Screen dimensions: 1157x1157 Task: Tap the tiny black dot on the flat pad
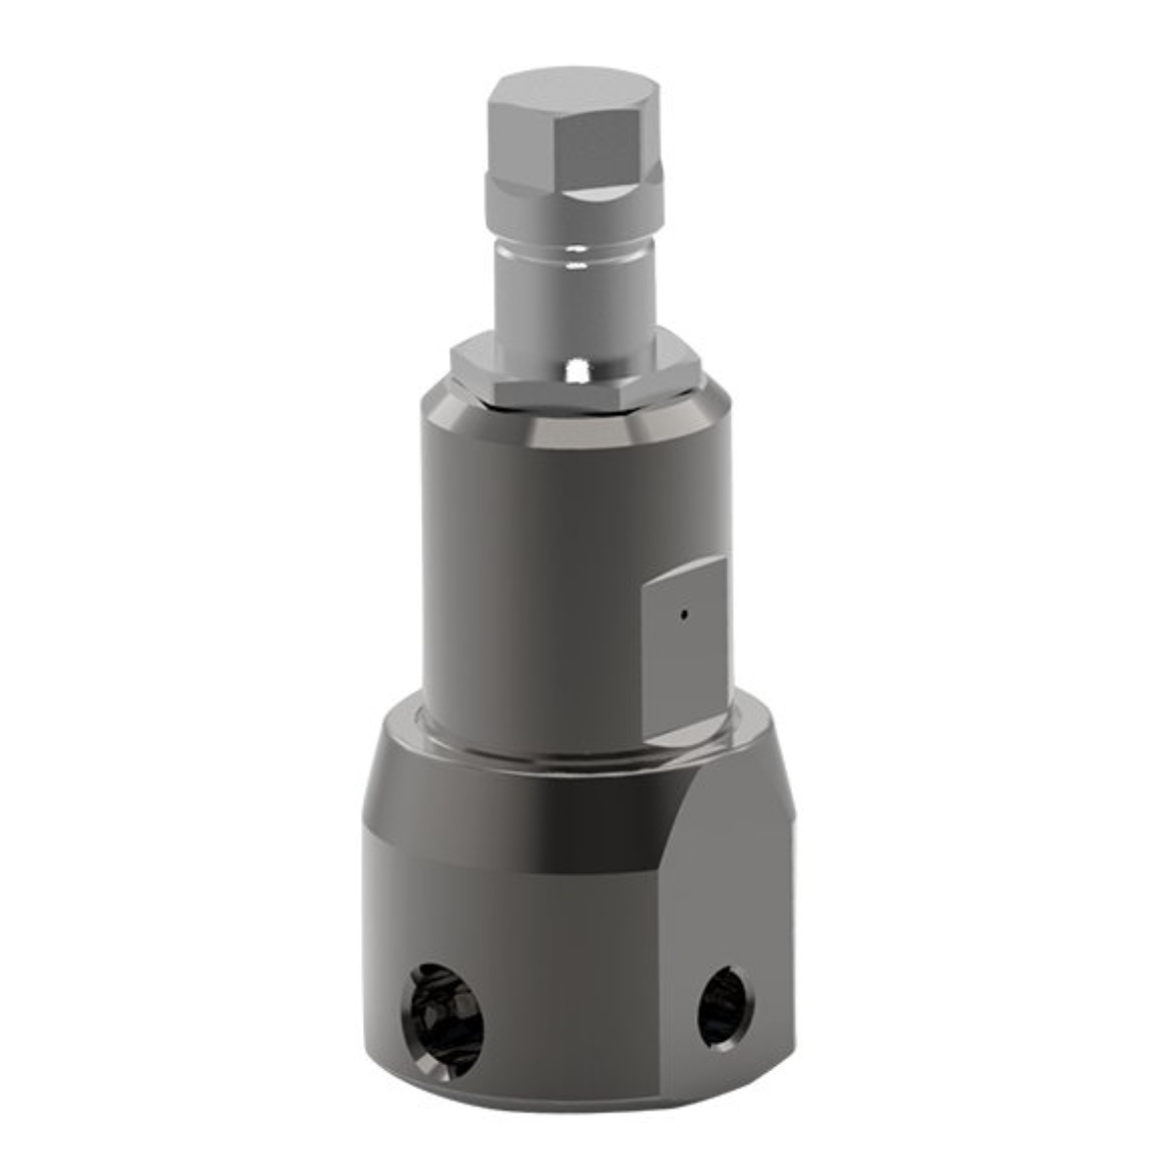pos(682,615)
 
